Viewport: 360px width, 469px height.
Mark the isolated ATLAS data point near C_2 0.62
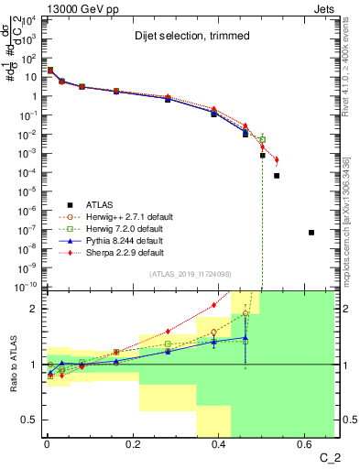311,233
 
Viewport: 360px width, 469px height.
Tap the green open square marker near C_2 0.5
262,139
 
